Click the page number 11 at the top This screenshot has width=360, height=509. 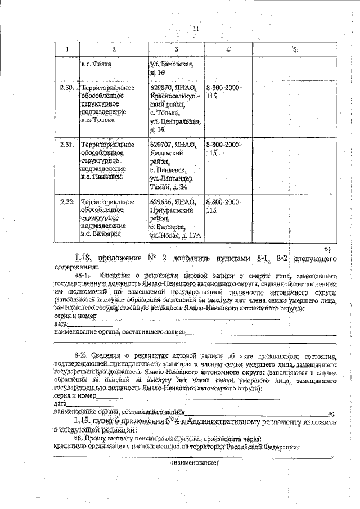click(x=196, y=29)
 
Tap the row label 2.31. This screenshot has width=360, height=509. click(x=67, y=145)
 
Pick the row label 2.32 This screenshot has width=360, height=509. click(x=67, y=202)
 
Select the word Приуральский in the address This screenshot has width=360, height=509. click(x=171, y=210)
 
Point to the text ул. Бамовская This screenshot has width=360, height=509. click(x=172, y=64)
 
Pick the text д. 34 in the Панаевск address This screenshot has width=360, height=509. click(x=186, y=186)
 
